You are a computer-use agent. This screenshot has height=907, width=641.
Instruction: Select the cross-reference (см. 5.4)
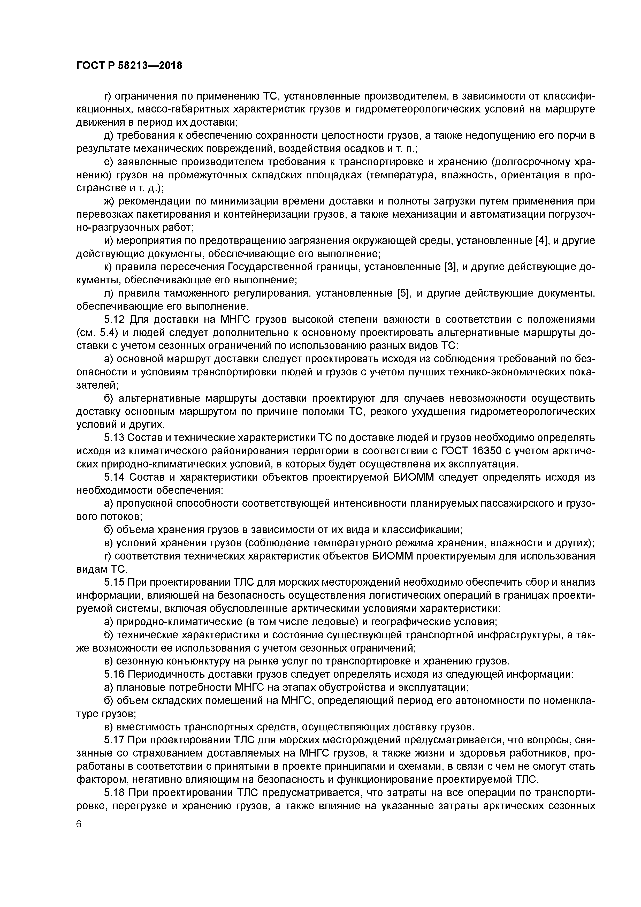pos(98,332)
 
